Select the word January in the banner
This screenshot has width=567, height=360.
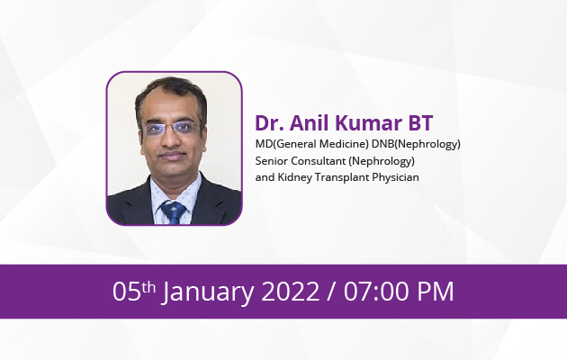coord(208,292)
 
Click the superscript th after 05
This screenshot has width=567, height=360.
coord(150,286)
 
